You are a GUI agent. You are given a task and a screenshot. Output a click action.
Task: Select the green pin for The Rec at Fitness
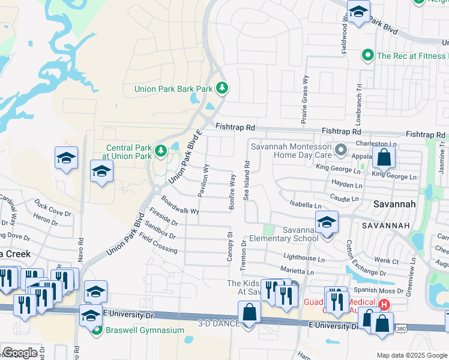click(x=368, y=56)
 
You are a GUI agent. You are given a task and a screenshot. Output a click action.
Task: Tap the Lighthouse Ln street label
click(x=304, y=259)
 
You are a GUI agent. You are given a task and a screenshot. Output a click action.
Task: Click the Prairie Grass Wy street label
click(x=305, y=100)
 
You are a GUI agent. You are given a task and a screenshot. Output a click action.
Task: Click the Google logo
click(x=19, y=353)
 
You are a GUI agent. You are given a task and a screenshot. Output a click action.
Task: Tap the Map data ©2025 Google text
click(x=411, y=355)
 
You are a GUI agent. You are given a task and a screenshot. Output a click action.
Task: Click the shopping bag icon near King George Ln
click(x=384, y=158)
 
